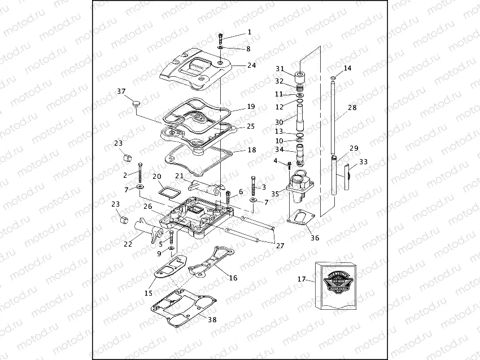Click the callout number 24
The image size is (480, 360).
[x=251, y=65]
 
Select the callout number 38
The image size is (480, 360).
[x=212, y=319]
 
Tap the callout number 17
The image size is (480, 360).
[x=301, y=279]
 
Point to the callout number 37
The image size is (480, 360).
[x=121, y=91]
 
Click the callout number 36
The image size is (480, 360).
[x=315, y=238]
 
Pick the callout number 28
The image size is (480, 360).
[x=352, y=107]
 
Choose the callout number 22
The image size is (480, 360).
[x=128, y=244]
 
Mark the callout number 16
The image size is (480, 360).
[x=233, y=278]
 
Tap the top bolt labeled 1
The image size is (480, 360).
[x=220, y=38]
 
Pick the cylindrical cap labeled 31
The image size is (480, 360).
[x=299, y=76]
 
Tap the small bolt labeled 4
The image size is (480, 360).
[x=289, y=165]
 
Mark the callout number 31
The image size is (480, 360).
[x=280, y=69]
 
